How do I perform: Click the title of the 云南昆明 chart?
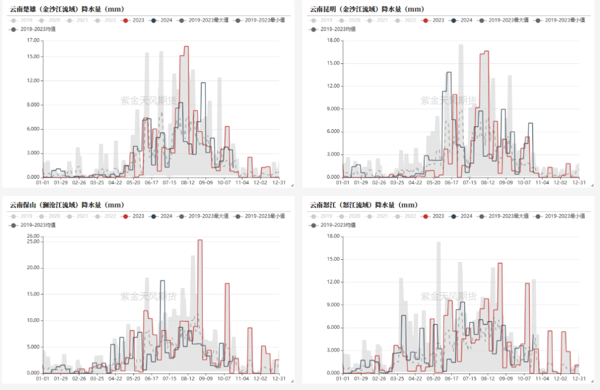pos(367,9)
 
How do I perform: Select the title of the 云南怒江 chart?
pos(367,205)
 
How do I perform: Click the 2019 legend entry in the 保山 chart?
pos(22,216)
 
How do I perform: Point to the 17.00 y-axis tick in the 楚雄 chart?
pos(33,41)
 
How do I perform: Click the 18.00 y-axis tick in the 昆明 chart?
pos(333,41)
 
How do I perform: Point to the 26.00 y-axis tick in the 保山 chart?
pos(33,236)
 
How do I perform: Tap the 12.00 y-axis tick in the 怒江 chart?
pos(333,282)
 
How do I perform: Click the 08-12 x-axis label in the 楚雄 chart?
pos(188,182)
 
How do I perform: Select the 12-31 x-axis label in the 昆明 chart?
pos(579,182)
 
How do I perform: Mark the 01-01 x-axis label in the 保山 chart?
pos(43,378)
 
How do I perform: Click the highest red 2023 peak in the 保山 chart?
pos(200,240)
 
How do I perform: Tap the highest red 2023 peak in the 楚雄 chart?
pos(186,47)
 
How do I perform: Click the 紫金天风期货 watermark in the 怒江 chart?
pos(448,296)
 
